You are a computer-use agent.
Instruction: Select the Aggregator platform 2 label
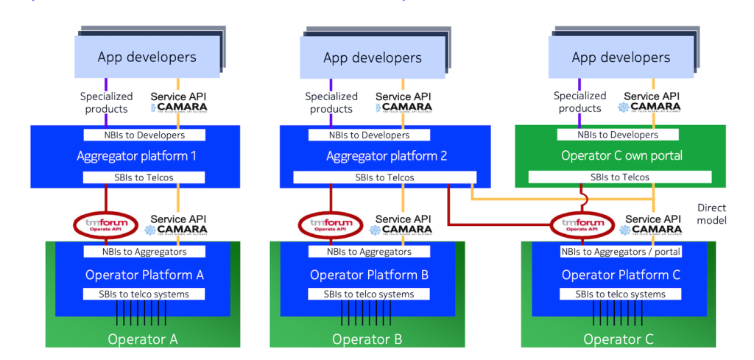pos(387,156)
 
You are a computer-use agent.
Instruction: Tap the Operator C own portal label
pos(621,156)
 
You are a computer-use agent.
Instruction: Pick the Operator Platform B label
pos(369,275)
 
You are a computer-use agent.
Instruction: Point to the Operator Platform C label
pos(621,275)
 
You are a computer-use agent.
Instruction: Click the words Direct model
pos(713,213)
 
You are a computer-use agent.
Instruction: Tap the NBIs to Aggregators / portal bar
pos(621,252)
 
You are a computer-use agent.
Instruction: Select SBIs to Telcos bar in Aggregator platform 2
pos(385,177)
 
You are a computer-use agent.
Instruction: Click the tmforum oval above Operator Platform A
pos(105,225)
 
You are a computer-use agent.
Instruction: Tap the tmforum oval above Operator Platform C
pos(582,225)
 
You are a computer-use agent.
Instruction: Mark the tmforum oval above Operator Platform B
pos(331,225)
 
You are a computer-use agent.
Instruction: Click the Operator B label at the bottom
pos(367,339)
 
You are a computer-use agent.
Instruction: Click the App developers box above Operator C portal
pos(621,57)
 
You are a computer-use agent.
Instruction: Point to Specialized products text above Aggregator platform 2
pos(331,102)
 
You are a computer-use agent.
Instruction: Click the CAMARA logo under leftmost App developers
pos(179,107)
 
